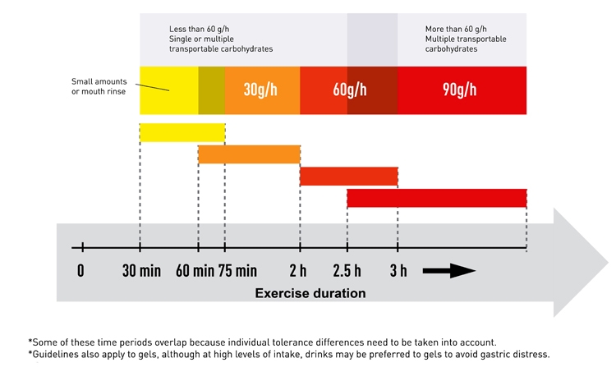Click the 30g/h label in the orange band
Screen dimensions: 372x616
[261, 90]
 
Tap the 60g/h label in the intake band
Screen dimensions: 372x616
[350, 90]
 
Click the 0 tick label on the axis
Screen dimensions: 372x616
[80, 271]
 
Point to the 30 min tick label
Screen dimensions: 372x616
[140, 271]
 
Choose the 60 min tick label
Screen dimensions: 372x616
[195, 271]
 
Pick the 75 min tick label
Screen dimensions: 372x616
[237, 271]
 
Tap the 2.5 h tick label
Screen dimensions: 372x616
[347, 271]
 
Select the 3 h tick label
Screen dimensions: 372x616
[398, 271]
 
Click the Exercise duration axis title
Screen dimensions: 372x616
[310, 292]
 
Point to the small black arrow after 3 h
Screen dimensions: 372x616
[448, 271]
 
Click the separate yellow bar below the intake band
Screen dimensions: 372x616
[182, 132]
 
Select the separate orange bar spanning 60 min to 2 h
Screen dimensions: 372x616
[249, 154]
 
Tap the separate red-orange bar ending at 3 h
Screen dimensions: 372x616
[349, 176]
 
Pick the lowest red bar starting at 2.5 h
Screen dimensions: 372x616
[436, 198]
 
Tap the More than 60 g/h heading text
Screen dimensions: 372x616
[456, 29]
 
